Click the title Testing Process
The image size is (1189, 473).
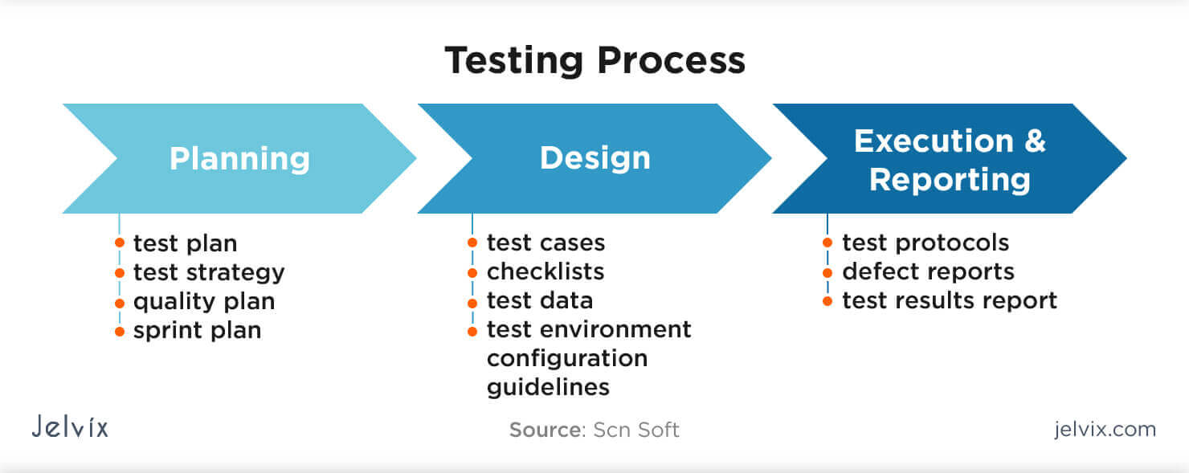[594, 61]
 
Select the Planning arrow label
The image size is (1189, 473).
[239, 158]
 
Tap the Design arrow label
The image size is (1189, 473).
[594, 158]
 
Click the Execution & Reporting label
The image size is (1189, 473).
[950, 160]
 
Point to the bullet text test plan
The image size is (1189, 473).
[185, 243]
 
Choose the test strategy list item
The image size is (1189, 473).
[209, 272]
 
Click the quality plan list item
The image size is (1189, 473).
[204, 301]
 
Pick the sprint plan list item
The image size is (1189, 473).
[197, 330]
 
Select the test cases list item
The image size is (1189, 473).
[545, 243]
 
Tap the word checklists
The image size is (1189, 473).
[545, 271]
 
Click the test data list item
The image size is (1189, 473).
[540, 300]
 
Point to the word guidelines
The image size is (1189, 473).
[548, 387]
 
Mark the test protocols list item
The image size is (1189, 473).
[925, 243]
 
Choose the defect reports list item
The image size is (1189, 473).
[928, 271]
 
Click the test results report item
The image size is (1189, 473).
[950, 300]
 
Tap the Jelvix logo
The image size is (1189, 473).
[70, 426]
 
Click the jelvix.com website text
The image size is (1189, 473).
[1105, 429]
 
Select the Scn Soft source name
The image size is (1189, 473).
[636, 430]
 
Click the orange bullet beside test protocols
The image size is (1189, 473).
[827, 242]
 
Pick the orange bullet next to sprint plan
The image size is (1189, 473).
[120, 330]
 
